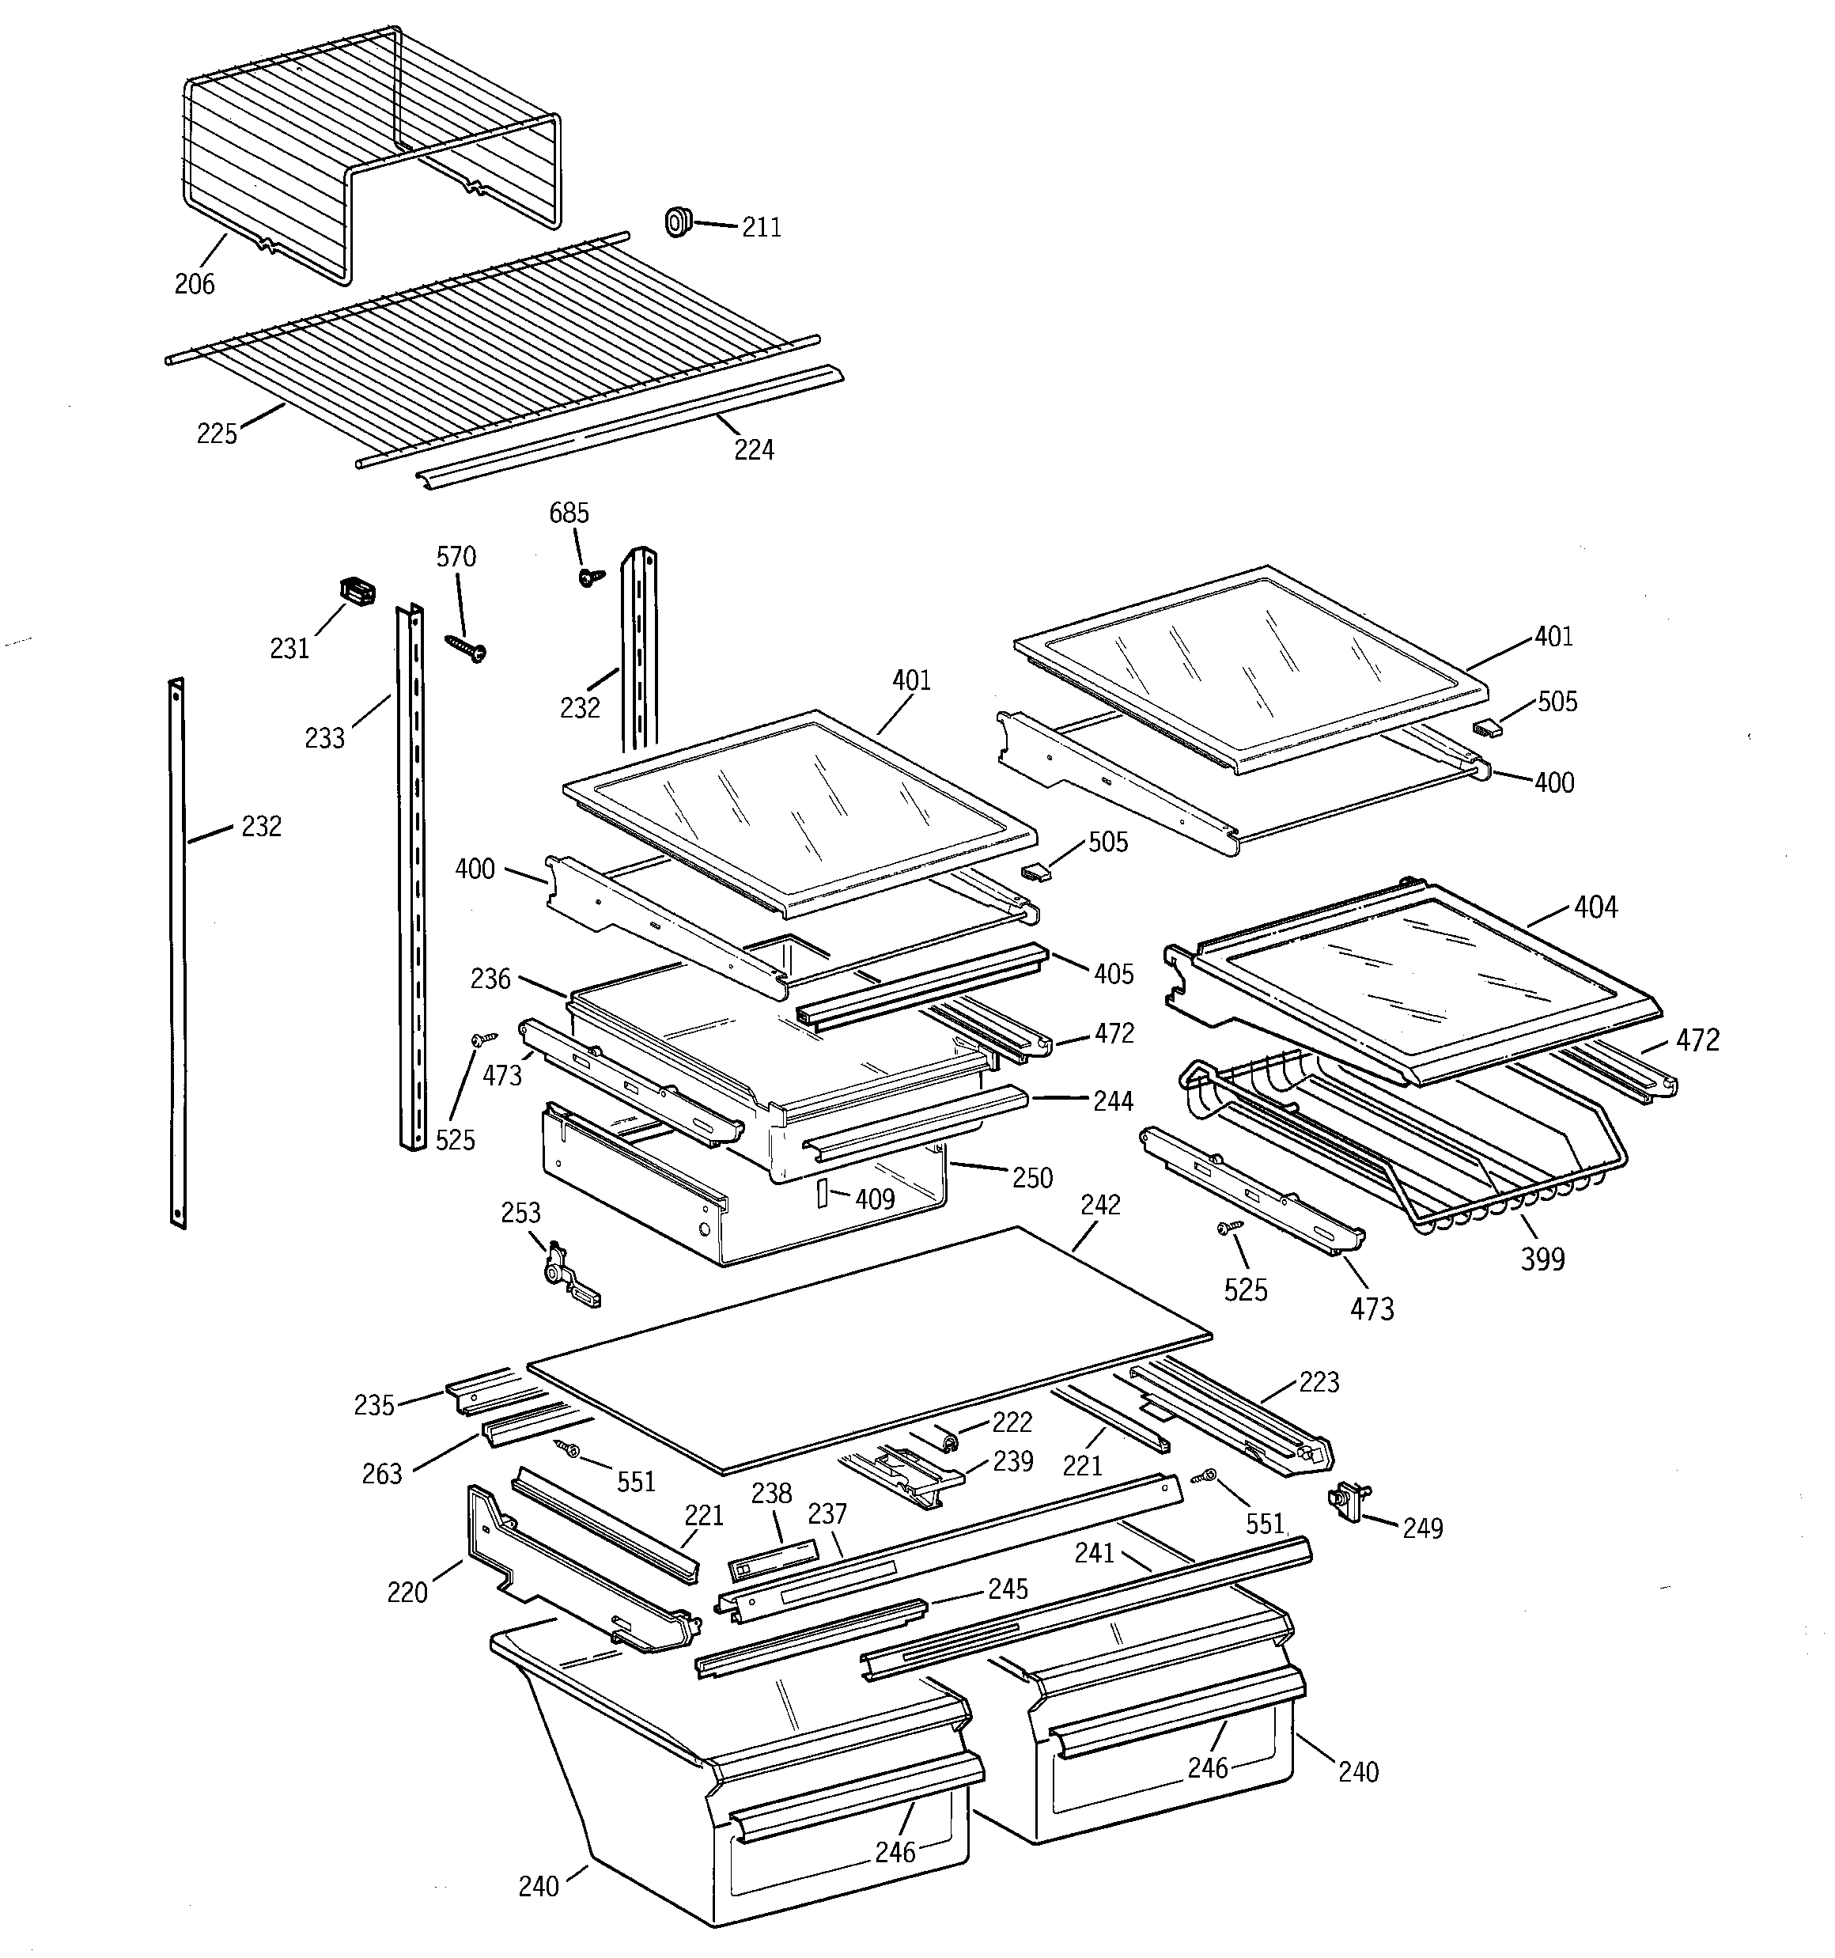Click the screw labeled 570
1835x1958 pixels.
pos(465,645)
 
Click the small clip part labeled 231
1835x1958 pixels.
pos(358,591)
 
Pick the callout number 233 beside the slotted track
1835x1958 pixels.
pos(325,737)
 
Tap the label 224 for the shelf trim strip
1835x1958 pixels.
pos(754,450)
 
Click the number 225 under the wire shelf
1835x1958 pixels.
pos(217,434)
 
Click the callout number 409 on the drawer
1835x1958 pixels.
pos(875,1199)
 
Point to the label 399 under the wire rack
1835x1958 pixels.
pos(1542,1259)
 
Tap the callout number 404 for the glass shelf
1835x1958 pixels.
pos(1595,907)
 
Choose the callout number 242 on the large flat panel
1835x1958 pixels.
pos(1100,1206)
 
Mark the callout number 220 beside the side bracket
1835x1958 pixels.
pos(407,1592)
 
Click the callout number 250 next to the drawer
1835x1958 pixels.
pos(1031,1178)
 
